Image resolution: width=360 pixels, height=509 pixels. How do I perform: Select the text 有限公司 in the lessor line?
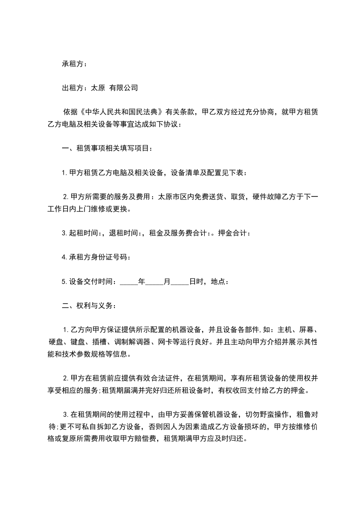pyautogui.click(x=123, y=88)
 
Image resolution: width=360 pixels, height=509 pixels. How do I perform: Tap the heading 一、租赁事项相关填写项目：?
pyautogui.click(x=107, y=148)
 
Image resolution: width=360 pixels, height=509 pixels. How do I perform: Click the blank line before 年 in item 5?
pyautogui.click(x=129, y=282)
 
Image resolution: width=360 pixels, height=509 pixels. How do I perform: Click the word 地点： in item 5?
pyautogui.click(x=220, y=282)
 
